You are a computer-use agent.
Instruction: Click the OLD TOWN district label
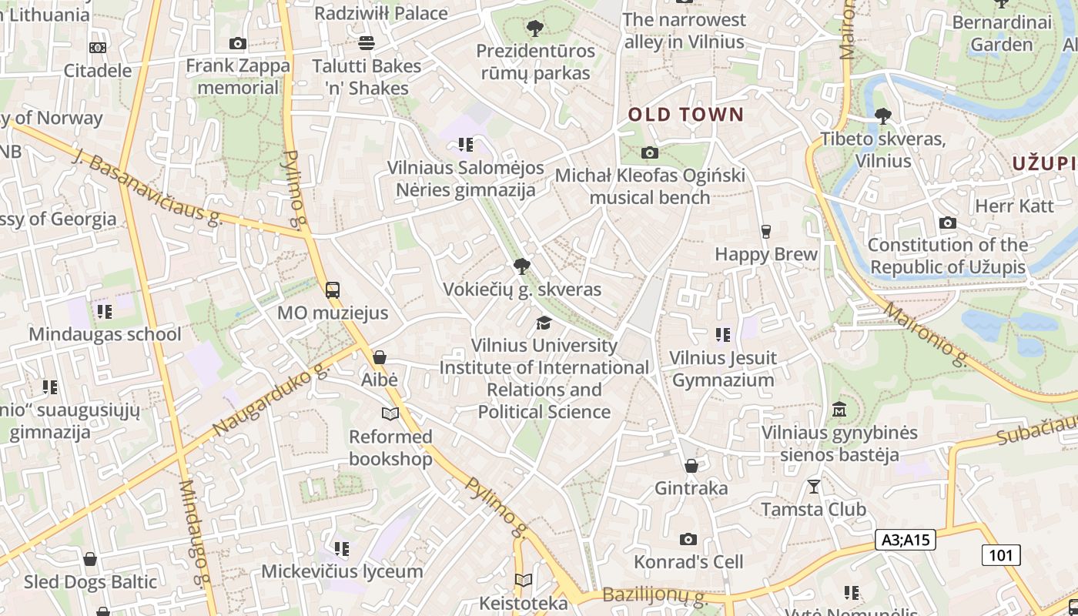(x=686, y=115)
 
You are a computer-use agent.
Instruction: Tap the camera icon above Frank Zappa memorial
(x=238, y=44)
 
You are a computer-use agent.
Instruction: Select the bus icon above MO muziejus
(x=333, y=290)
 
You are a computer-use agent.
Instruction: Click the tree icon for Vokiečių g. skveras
(x=522, y=267)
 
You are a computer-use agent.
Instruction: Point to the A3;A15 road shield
(x=906, y=540)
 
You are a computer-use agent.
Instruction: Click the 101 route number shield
(x=1000, y=554)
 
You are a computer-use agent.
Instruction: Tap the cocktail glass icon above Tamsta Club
(x=813, y=486)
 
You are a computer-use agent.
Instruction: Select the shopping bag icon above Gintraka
(x=691, y=465)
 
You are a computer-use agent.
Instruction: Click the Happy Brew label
(x=766, y=254)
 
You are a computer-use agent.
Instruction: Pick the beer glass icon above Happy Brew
(x=765, y=231)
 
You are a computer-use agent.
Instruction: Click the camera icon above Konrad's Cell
(x=688, y=539)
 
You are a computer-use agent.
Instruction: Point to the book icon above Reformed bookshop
(x=390, y=414)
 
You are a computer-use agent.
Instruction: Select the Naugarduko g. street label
(x=270, y=400)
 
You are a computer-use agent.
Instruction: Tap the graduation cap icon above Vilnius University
(x=544, y=323)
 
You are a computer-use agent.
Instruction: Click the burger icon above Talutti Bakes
(x=367, y=43)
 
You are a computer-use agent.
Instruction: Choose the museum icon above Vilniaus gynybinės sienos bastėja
(x=839, y=409)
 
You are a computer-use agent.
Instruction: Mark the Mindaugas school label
(x=105, y=334)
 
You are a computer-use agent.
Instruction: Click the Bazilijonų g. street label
(x=654, y=595)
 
